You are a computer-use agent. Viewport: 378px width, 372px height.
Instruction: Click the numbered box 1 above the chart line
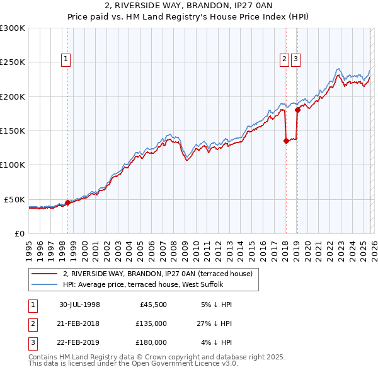pyautogui.click(x=66, y=60)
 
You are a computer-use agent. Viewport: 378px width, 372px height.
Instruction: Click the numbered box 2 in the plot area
pyautogui.click(x=284, y=60)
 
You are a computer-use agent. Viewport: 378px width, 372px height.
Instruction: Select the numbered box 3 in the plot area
pyautogui.click(x=295, y=60)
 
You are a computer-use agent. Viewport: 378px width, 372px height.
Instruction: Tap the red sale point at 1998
pyautogui.click(x=67, y=202)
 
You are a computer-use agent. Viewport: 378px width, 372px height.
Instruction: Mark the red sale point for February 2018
pyautogui.click(x=286, y=141)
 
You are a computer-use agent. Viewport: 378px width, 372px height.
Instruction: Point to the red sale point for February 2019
pyautogui.click(x=297, y=110)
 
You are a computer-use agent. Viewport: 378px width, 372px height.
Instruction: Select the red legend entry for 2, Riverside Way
pyautogui.click(x=157, y=274)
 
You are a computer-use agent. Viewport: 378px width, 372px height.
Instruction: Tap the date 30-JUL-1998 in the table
pyautogui.click(x=79, y=305)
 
